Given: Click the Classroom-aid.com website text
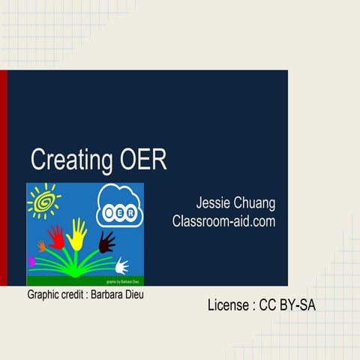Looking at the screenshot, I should click(223, 222).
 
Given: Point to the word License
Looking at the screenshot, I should click(228, 305).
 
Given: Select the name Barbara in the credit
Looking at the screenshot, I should click(107, 295).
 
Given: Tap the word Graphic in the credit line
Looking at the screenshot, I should click(43, 295).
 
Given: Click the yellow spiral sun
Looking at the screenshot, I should click(43, 200).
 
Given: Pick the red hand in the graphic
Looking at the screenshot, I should click(56, 236).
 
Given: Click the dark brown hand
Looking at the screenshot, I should click(106, 241).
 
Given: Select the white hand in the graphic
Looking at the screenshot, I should click(121, 265).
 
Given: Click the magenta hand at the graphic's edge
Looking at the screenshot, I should click(31, 262).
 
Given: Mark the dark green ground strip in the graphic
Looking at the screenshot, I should click(75, 280).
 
